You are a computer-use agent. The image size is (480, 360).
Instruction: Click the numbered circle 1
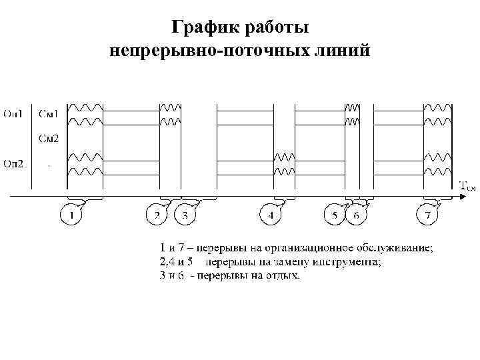[x=71, y=215]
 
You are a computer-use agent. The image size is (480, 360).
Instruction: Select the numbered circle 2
[x=157, y=215]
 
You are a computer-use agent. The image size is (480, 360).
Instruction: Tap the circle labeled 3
[x=185, y=215]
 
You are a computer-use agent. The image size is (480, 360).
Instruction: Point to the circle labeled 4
[x=270, y=215]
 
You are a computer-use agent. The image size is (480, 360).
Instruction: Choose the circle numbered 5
[x=333, y=215]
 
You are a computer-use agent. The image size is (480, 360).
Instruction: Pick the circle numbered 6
[x=356, y=215]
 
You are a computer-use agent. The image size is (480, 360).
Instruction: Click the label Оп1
[x=13, y=113]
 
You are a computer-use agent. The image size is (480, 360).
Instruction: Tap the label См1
[x=47, y=113]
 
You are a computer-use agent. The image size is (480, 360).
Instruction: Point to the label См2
[x=47, y=139]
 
